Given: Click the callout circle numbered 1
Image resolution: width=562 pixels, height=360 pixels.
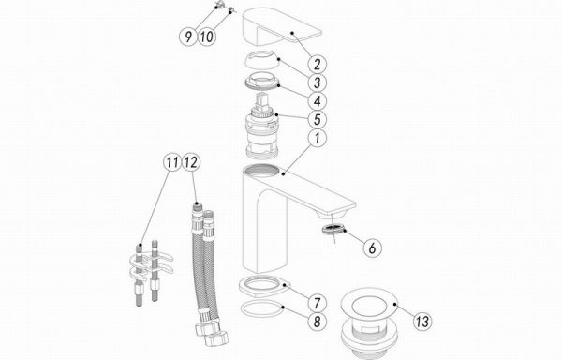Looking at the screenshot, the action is pos(317,138).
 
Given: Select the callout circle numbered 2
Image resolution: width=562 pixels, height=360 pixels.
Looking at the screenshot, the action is pos(317,65).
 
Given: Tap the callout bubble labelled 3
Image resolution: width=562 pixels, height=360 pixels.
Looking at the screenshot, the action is pos(317,82).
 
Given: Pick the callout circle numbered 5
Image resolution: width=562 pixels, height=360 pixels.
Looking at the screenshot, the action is pos(317,119).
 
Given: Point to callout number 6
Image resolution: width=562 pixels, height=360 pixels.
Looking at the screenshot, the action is pos(372,247).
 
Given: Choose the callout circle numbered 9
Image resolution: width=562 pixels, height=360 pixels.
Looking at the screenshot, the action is pos(188,36).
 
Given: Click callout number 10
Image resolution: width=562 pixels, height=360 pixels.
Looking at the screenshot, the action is pos(207,36).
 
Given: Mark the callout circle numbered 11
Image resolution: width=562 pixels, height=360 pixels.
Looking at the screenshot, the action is pos(172,162).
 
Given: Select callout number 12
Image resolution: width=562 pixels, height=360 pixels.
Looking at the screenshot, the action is pos(191,162).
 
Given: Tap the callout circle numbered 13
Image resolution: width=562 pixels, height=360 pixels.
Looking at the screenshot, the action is pos(422,321).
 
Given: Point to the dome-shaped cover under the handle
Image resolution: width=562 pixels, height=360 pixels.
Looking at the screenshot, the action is pos(261,60).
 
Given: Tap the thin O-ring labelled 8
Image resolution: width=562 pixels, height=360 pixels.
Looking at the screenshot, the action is pos(261,309).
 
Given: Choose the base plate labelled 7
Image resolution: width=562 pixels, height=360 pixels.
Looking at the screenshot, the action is pos(264,287).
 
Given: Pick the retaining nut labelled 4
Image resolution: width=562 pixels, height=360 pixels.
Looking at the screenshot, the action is pos(262,83).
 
